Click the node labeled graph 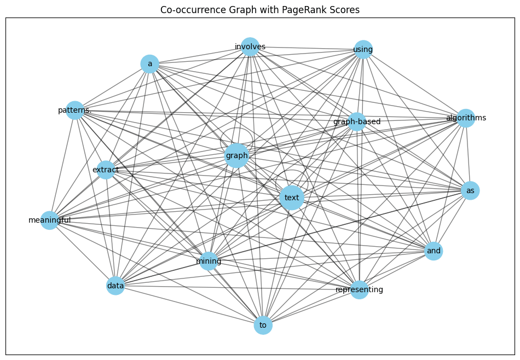click(236, 155)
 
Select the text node click(292, 198)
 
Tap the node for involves click(250, 47)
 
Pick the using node click(363, 49)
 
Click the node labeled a click(150, 63)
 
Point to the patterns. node click(75, 110)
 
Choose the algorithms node click(466, 118)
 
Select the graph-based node click(357, 121)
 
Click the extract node click(106, 170)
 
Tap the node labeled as click(470, 190)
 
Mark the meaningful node click(50, 220)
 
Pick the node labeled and click(434, 251)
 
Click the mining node click(209, 261)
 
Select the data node click(115, 286)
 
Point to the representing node click(360, 290)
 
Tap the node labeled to click(263, 325)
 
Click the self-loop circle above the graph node click(236, 128)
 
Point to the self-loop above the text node click(292, 170)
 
